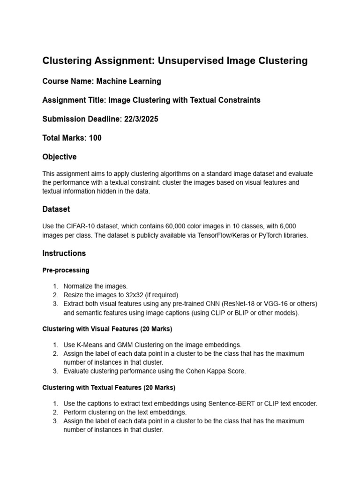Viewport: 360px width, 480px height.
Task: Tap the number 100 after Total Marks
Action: coord(95,138)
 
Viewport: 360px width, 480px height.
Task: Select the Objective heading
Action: coord(60,157)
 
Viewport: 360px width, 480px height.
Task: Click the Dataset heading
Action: coord(56,209)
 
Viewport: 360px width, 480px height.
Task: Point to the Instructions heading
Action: coord(64,253)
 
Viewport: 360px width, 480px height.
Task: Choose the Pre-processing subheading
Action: coord(66,270)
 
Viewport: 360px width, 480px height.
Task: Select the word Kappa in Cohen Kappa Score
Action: coord(210,371)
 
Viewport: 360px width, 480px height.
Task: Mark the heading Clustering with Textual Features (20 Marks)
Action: coord(109,388)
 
